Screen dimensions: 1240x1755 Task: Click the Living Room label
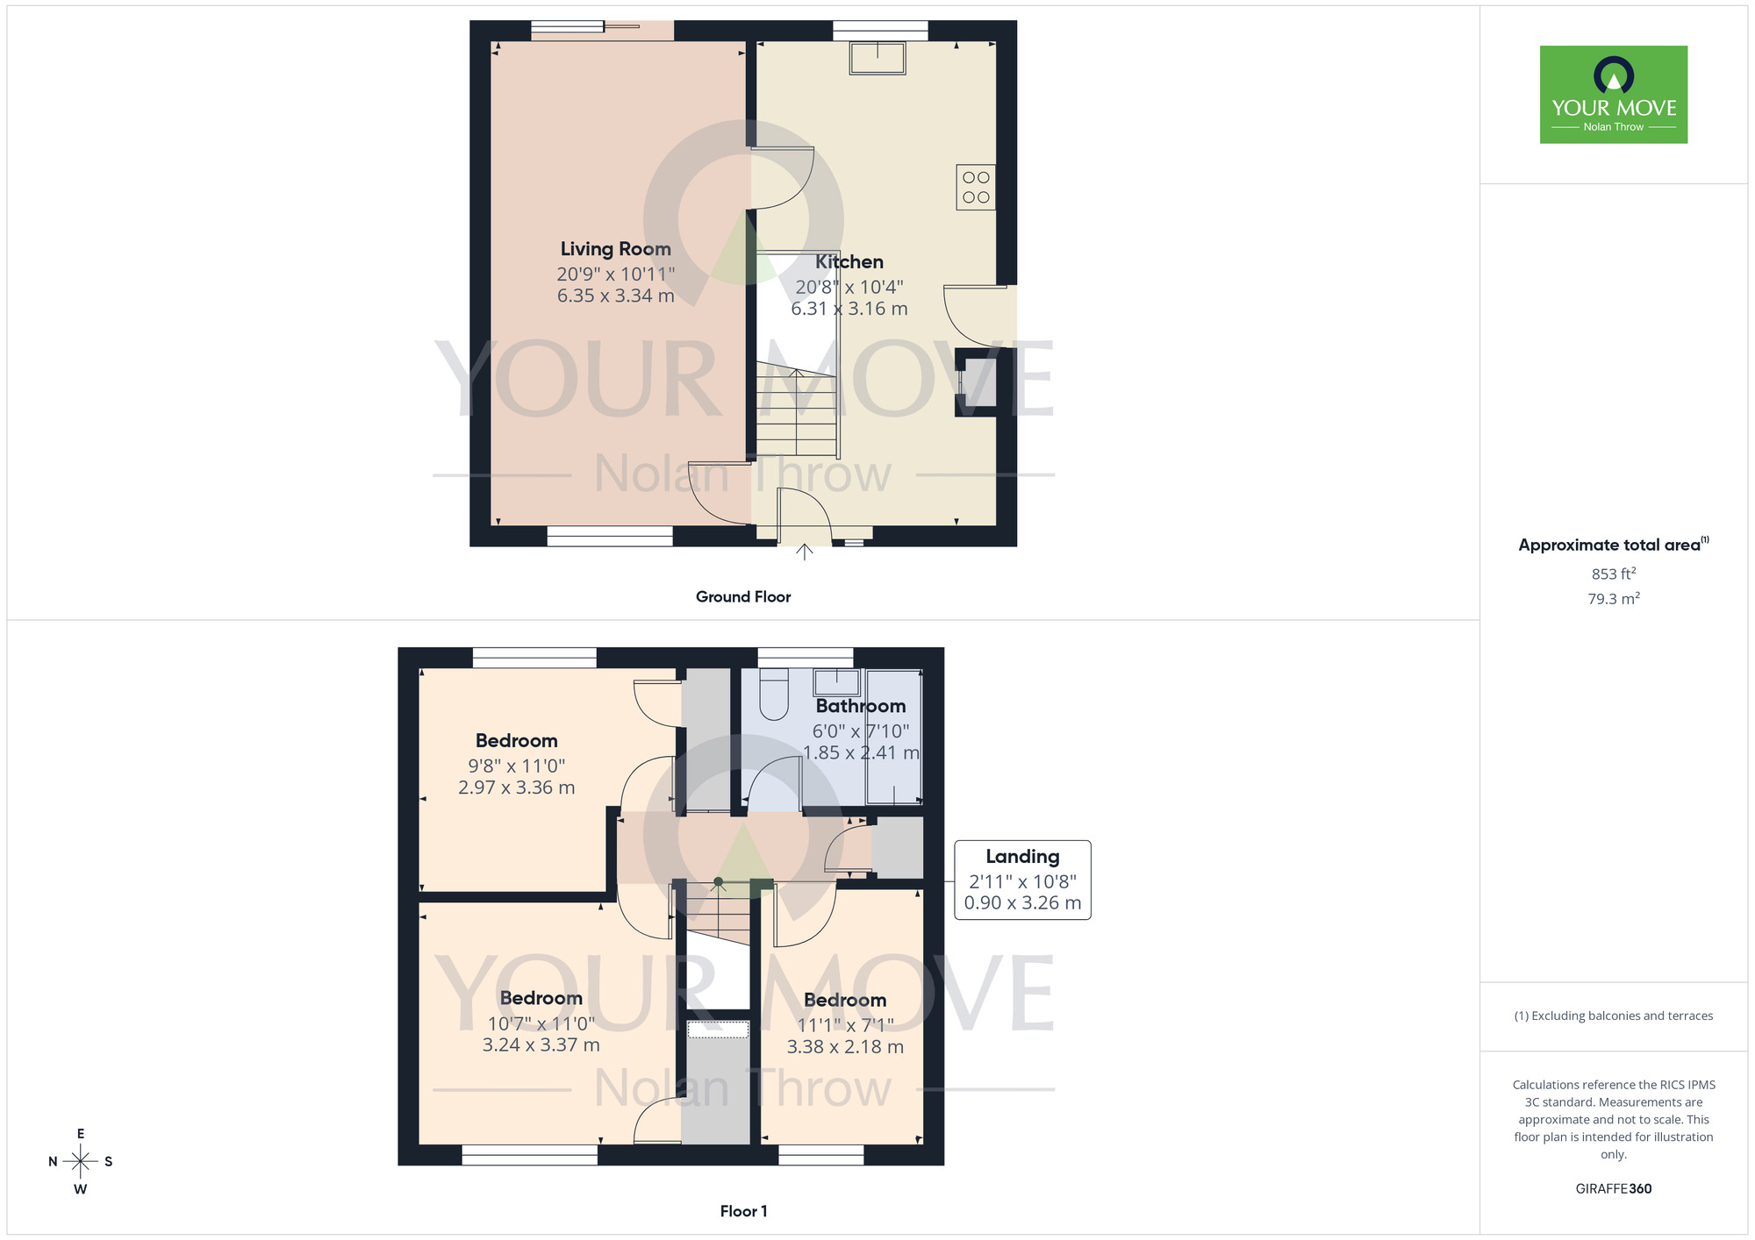pyautogui.click(x=615, y=249)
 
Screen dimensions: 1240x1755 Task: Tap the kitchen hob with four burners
pyautogui.click(x=976, y=187)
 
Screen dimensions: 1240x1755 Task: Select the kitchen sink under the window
pyautogui.click(x=877, y=58)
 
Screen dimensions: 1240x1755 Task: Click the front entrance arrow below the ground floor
pyautogui.click(x=804, y=552)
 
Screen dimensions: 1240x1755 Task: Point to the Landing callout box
pyautogui.click(x=1022, y=880)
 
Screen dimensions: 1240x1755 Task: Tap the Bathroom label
pyautogui.click(x=860, y=706)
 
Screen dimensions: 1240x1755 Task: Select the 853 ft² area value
pyautogui.click(x=1613, y=574)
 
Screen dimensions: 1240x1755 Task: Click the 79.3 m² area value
pyautogui.click(x=1613, y=599)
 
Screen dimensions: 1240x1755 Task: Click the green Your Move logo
pyautogui.click(x=1613, y=95)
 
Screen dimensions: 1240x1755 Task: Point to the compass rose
pyautogui.click(x=80, y=1161)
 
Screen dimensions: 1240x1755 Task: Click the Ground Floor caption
pyautogui.click(x=742, y=597)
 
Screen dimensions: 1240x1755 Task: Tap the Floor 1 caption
pyautogui.click(x=742, y=1211)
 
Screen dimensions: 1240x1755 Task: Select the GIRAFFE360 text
pyautogui.click(x=1613, y=1189)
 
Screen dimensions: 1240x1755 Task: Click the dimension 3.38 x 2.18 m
pyautogui.click(x=844, y=1047)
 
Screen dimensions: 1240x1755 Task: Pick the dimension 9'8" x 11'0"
pyautogui.click(x=516, y=766)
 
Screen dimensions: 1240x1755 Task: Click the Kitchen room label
pyautogui.click(x=849, y=262)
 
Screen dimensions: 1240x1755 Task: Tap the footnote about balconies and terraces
pyautogui.click(x=1613, y=1016)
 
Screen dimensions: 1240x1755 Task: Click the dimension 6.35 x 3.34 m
pyautogui.click(x=615, y=296)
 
